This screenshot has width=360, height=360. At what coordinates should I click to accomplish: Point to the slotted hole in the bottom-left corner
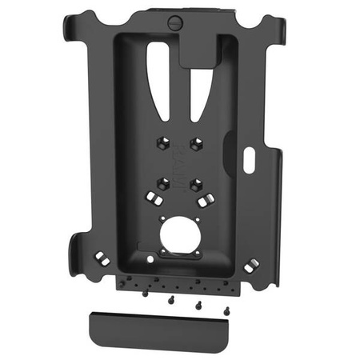(102, 258)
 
